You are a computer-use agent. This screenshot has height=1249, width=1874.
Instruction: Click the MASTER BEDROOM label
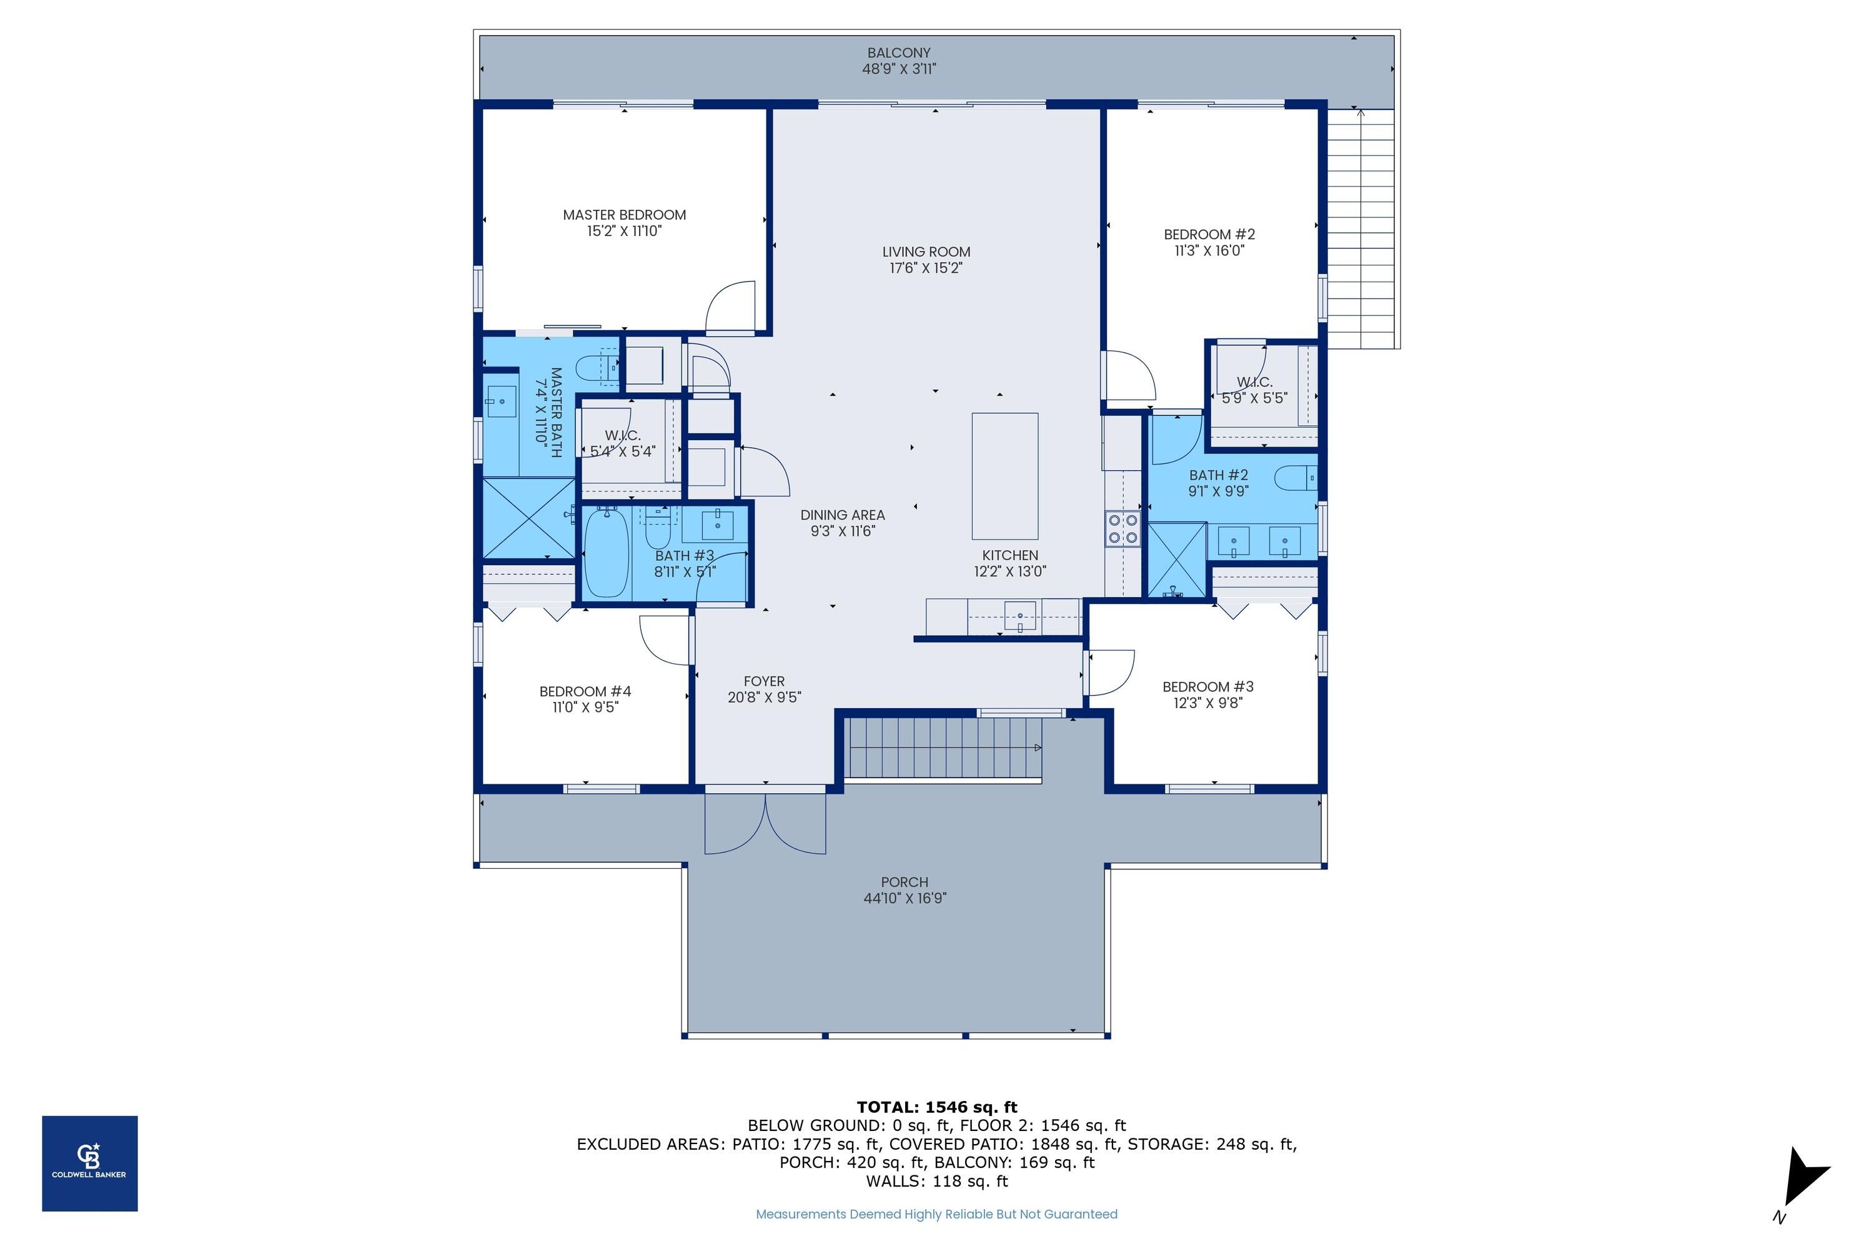(x=624, y=215)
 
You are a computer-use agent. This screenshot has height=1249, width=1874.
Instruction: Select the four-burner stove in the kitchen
(x=1122, y=529)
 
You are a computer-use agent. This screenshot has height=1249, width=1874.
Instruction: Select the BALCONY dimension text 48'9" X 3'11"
(x=899, y=69)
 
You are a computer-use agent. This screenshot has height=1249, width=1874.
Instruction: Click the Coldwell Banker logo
(x=89, y=1163)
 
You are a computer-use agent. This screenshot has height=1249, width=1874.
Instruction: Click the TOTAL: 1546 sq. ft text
(x=936, y=1107)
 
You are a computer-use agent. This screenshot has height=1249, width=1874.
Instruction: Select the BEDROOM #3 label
(x=1207, y=686)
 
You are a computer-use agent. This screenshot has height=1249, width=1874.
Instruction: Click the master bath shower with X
(x=529, y=518)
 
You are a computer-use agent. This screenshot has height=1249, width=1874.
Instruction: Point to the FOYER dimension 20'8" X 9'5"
(x=763, y=698)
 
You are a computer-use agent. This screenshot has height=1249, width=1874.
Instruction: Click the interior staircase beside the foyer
(x=943, y=747)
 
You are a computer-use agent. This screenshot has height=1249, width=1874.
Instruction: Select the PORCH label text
(x=905, y=882)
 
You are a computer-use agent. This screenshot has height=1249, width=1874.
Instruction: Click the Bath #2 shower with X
(x=1176, y=559)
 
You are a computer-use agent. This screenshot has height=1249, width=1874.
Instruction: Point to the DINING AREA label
(x=842, y=515)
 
